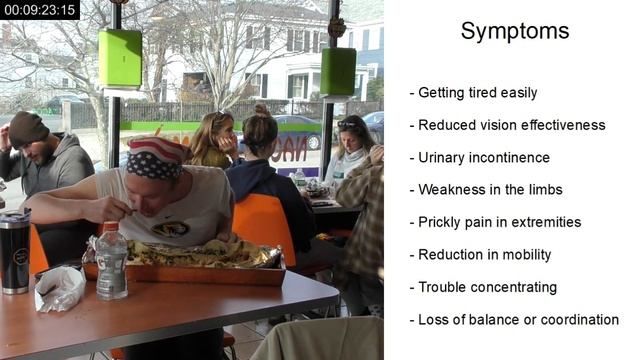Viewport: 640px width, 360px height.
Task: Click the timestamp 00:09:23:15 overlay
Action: (40, 10)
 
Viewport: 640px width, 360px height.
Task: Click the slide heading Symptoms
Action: (515, 31)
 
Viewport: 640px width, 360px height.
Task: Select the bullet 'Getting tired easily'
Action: (473, 93)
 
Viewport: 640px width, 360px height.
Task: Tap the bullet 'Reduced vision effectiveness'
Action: (507, 125)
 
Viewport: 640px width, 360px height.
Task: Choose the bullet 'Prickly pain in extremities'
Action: (495, 222)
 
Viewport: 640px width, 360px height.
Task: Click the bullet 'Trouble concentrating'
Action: (483, 287)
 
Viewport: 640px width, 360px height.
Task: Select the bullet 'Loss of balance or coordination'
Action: (514, 320)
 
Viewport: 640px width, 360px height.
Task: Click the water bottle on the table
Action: (111, 262)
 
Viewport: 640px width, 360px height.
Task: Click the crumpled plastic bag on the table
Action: (59, 289)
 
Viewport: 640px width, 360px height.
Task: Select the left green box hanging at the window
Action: (120, 59)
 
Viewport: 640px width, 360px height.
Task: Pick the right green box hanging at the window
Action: (338, 71)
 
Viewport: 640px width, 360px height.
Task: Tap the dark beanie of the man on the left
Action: (28, 128)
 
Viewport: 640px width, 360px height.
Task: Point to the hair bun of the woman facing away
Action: (261, 110)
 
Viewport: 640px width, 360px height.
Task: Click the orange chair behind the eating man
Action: (266, 225)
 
